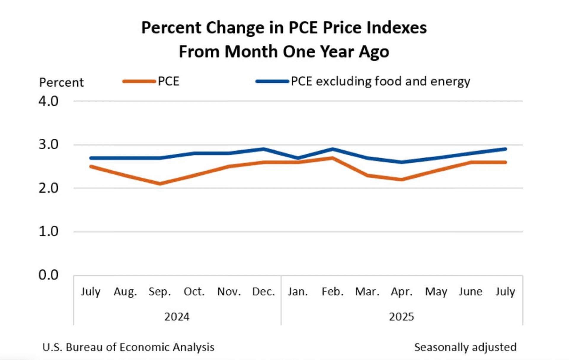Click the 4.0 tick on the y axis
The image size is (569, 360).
point(48,101)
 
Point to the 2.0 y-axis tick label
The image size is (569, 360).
point(48,188)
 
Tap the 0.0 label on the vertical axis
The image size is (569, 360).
point(48,275)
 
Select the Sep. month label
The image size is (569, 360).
point(160,292)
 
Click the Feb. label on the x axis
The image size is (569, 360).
point(333,292)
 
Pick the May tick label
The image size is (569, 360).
point(436,292)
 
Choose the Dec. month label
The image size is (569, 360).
point(263,292)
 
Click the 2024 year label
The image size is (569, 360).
point(177,317)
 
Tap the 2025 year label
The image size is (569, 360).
point(401,317)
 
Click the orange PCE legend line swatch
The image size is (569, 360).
point(139,81)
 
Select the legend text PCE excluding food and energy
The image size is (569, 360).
point(381,81)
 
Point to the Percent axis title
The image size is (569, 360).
point(61,82)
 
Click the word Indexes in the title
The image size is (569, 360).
point(397,28)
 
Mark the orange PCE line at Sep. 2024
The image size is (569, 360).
point(160,184)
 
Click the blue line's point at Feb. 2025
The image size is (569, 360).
point(333,149)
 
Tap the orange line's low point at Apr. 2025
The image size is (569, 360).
point(402,180)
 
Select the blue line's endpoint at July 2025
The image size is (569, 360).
point(505,149)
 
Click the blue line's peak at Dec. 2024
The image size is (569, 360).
point(263,149)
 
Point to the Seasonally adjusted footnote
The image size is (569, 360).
point(465,347)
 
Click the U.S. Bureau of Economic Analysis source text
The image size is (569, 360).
point(128,347)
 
